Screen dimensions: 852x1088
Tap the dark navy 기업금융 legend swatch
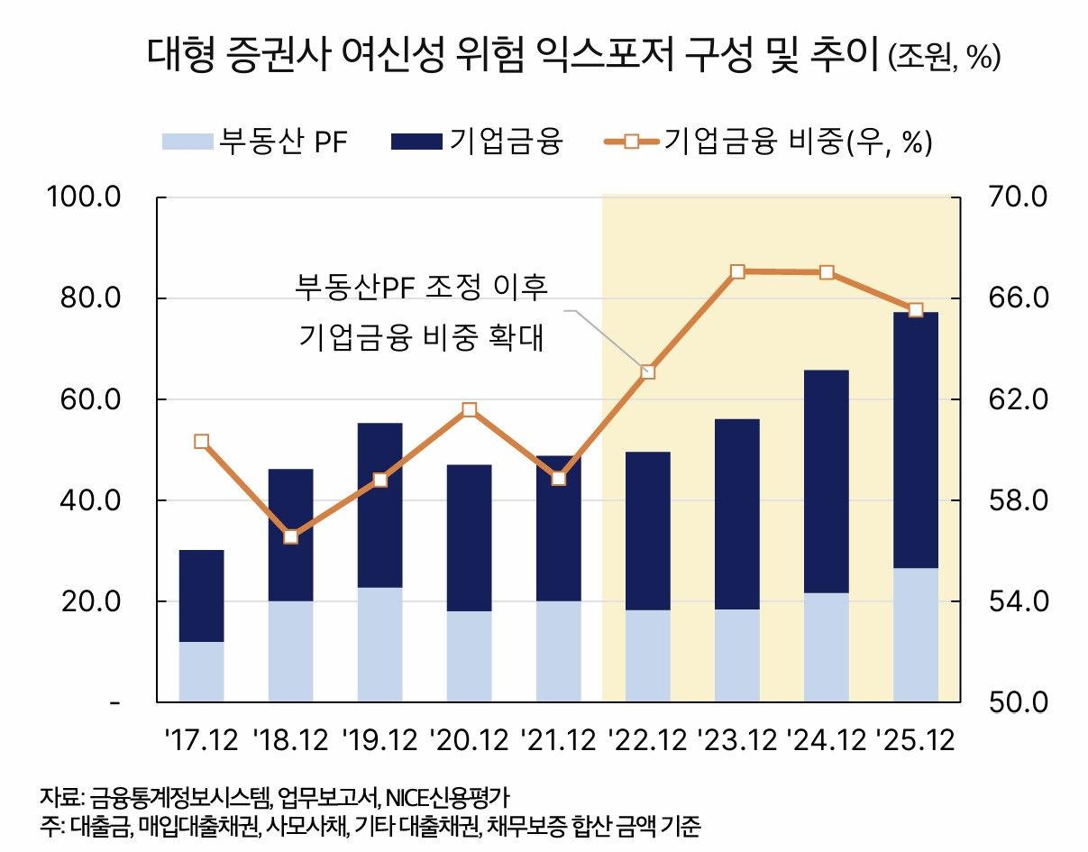[416, 142]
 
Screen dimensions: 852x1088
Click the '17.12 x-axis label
[201, 742]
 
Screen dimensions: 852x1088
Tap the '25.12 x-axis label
[915, 742]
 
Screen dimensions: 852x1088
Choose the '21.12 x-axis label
[558, 742]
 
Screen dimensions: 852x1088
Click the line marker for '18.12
[290, 536]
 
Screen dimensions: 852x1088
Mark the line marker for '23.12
[737, 271]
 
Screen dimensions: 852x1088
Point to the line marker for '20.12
[469, 410]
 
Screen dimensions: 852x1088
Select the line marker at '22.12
[647, 371]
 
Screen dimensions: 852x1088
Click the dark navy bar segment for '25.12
[915, 440]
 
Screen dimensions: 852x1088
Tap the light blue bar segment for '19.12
[379, 645]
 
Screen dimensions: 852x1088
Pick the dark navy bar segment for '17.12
[201, 595]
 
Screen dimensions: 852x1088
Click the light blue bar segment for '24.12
[826, 647]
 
